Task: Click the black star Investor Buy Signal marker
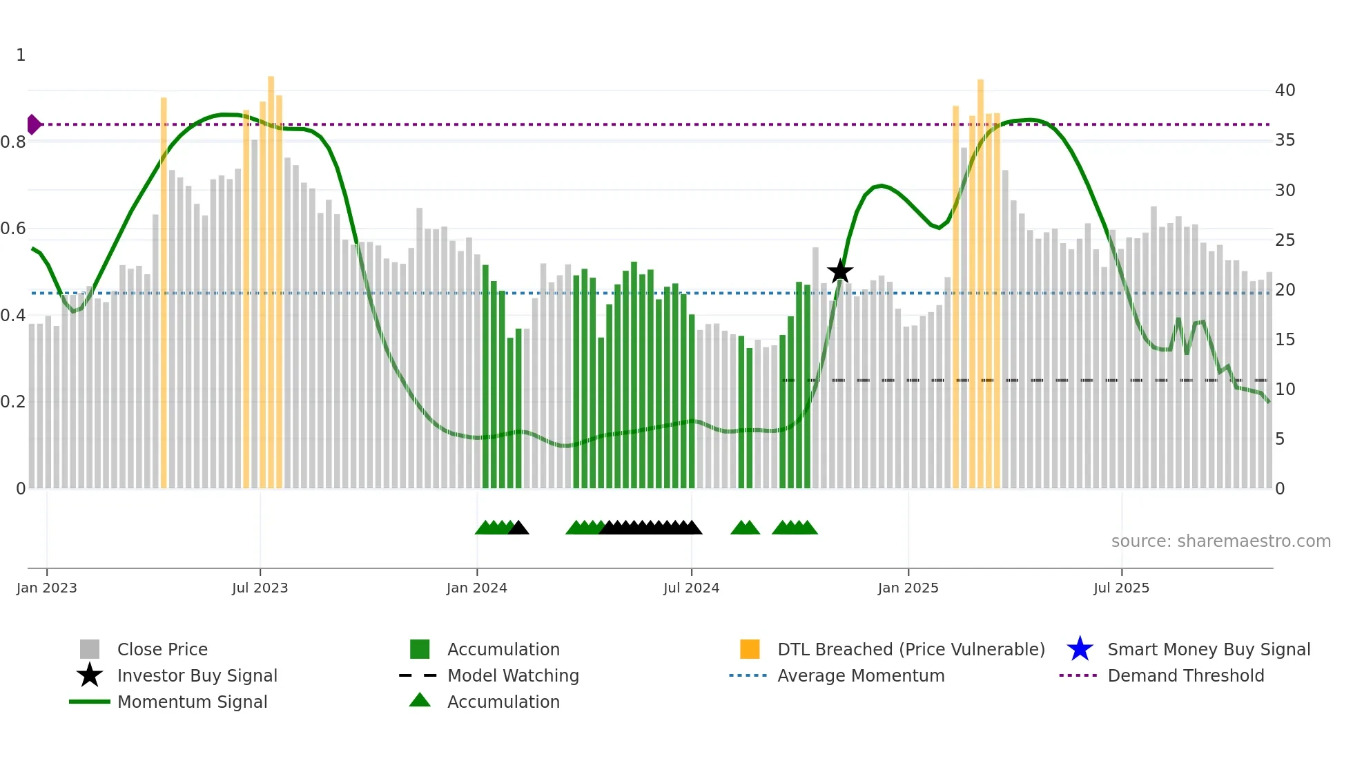(840, 271)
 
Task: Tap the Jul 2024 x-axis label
(691, 588)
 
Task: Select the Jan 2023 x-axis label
(46, 588)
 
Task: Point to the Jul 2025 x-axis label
(1121, 588)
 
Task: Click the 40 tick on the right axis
(1285, 90)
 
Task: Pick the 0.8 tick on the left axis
(13, 142)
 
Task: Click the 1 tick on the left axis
(21, 55)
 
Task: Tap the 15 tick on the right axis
(1285, 339)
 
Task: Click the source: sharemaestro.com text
(1220, 541)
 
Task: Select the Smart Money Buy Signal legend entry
(1208, 649)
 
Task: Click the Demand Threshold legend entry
(1185, 675)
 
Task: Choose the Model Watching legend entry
(513, 675)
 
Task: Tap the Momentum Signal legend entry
(192, 702)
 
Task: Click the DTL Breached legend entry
(911, 649)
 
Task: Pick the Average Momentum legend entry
(860, 675)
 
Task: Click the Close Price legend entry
(162, 649)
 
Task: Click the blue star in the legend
(1080, 649)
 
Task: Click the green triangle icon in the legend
(420, 700)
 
